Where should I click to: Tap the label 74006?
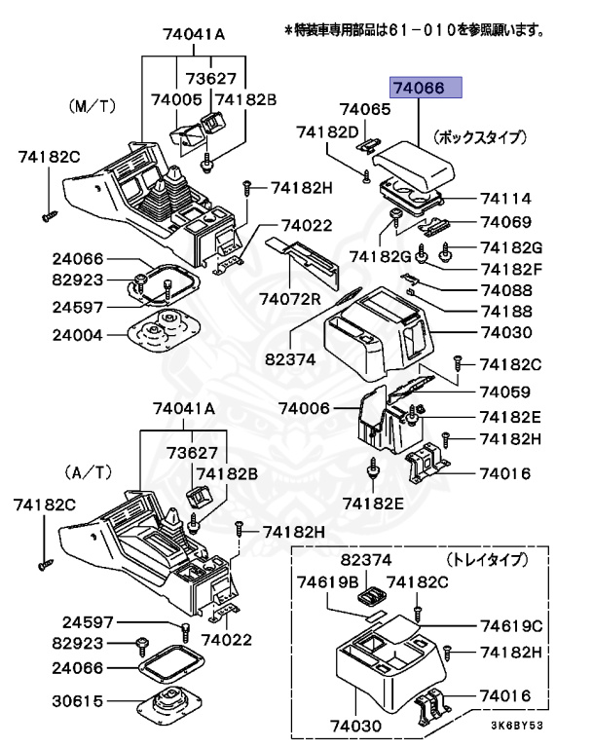[305, 408]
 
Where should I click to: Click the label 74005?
[175, 99]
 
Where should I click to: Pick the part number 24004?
[78, 332]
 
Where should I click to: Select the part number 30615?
[78, 700]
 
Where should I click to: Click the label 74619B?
[324, 582]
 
